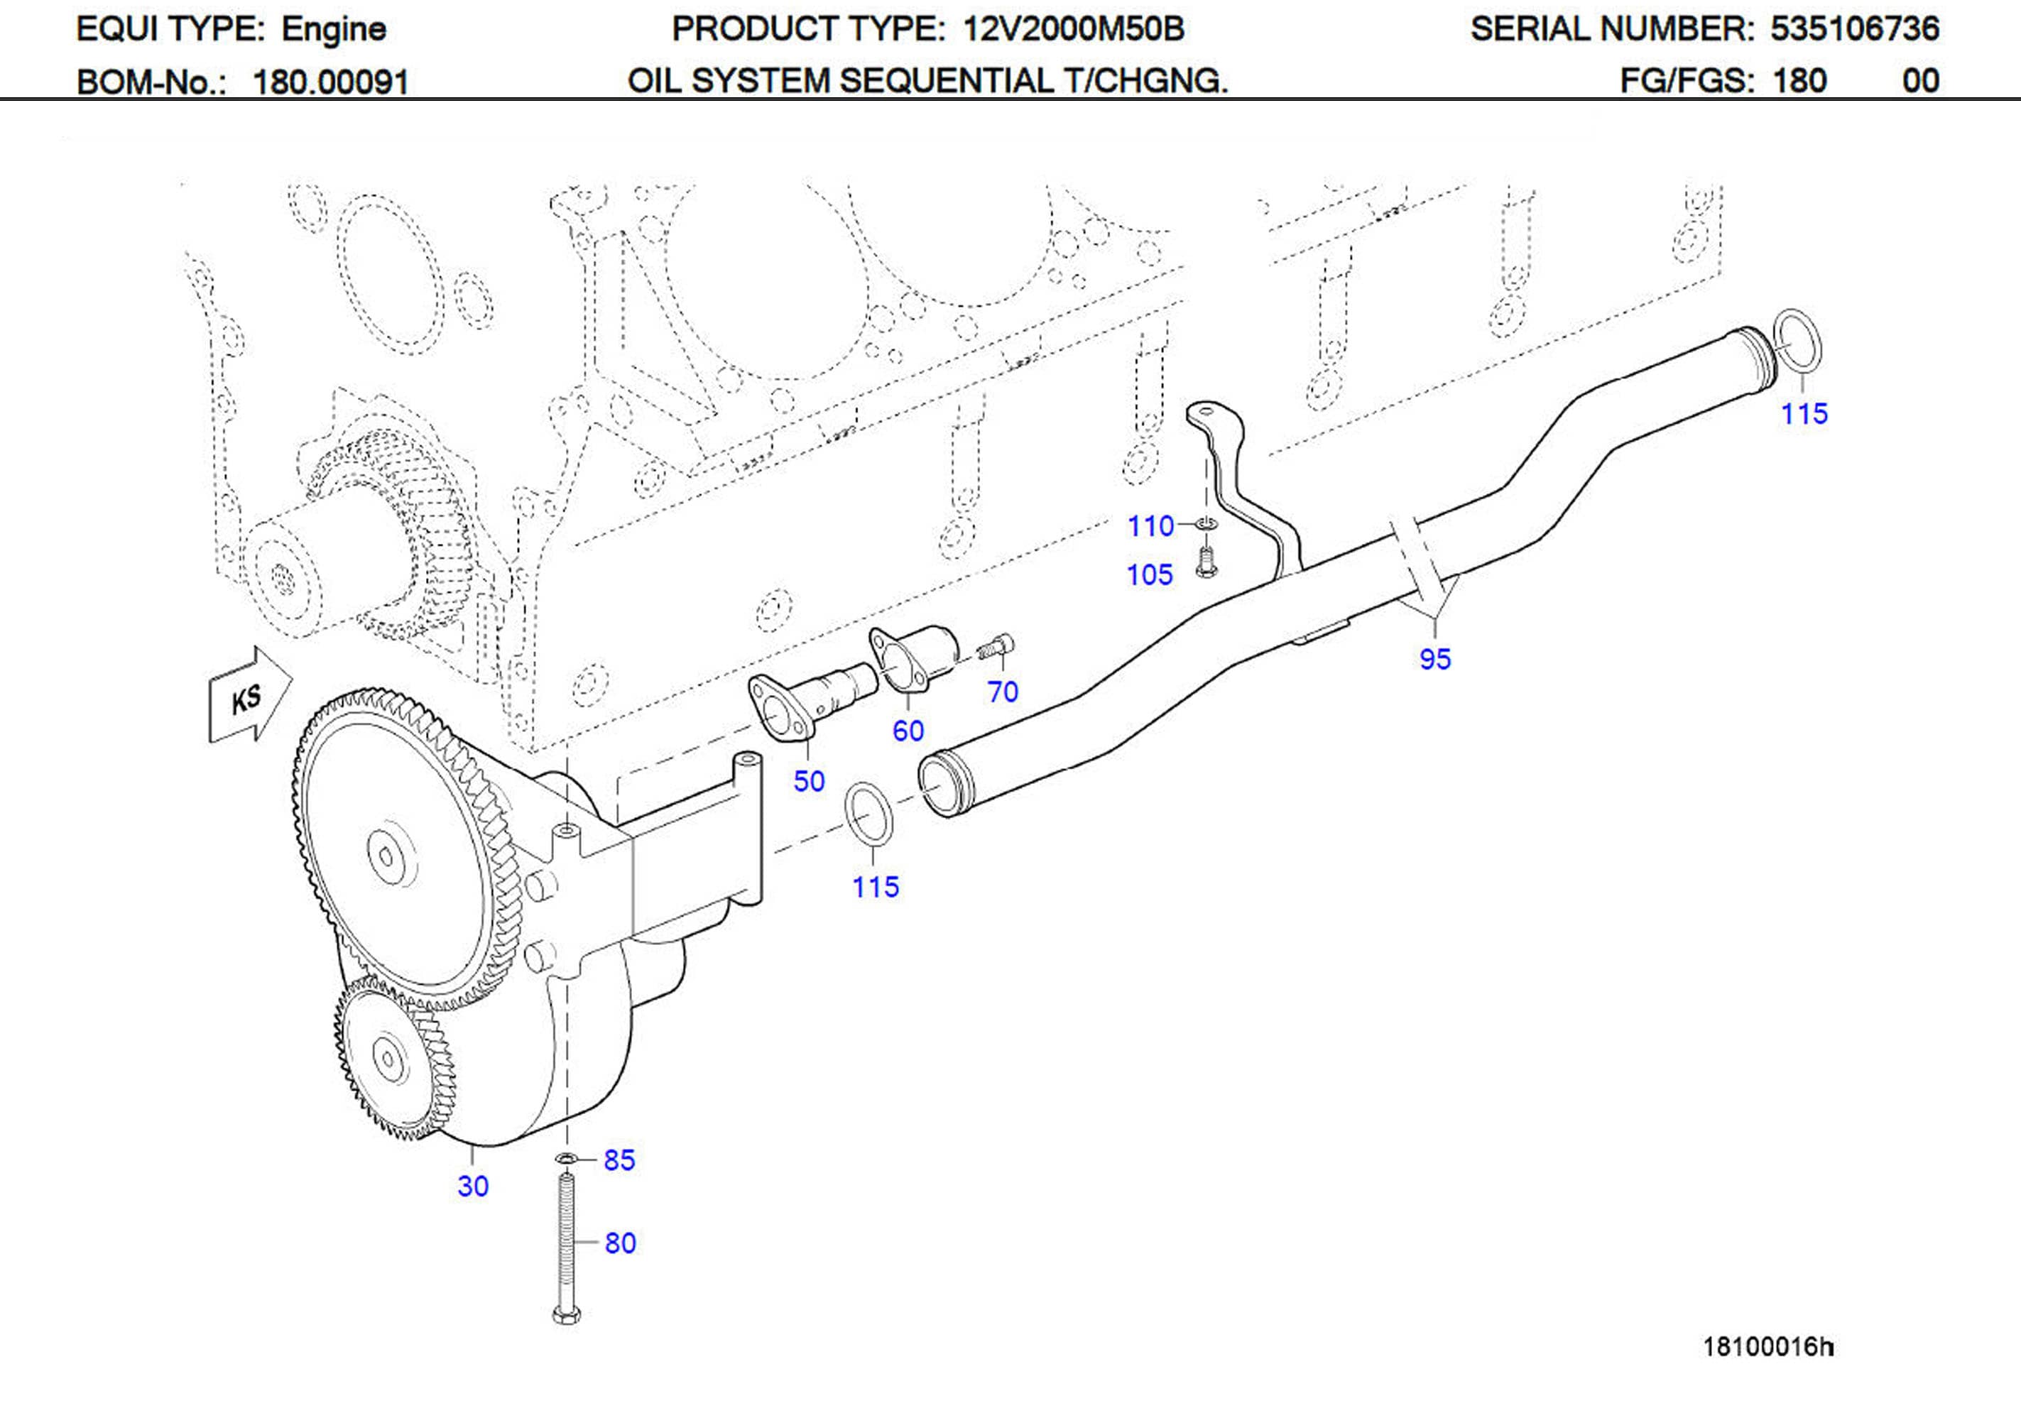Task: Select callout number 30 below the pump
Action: [x=473, y=1186]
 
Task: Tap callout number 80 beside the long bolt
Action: [x=620, y=1243]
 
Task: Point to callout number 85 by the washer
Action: [x=619, y=1160]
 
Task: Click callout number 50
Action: [x=809, y=781]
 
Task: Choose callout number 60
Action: [x=908, y=731]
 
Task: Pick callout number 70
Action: [x=1003, y=692]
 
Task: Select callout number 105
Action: [x=1150, y=575]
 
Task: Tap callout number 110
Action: [x=1150, y=526]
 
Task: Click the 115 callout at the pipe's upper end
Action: [x=1804, y=414]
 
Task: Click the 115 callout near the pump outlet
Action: [x=875, y=887]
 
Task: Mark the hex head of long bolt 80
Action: [x=566, y=1315]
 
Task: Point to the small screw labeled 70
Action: [x=996, y=648]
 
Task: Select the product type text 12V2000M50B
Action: [x=1073, y=29]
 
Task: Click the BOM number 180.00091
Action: [x=330, y=82]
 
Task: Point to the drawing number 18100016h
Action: [x=1767, y=1346]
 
